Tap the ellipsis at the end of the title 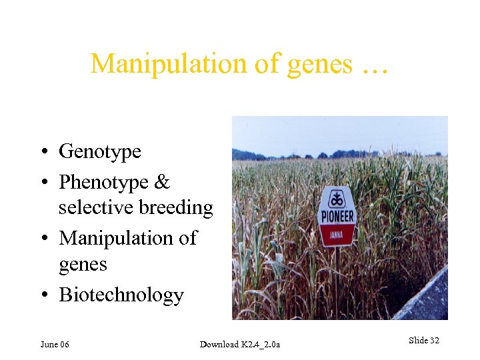pos(377,65)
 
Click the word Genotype pos(100,152)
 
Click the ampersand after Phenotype pos(163,182)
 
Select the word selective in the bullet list pos(95,208)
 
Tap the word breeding pos(175,208)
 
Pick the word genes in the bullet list pos(83,265)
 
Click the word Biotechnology pos(121,295)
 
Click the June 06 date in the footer pos(55,344)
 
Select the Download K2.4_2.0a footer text pos(240,344)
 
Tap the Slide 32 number pos(423,341)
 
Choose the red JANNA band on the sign pos(338,235)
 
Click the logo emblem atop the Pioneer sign pos(338,199)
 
